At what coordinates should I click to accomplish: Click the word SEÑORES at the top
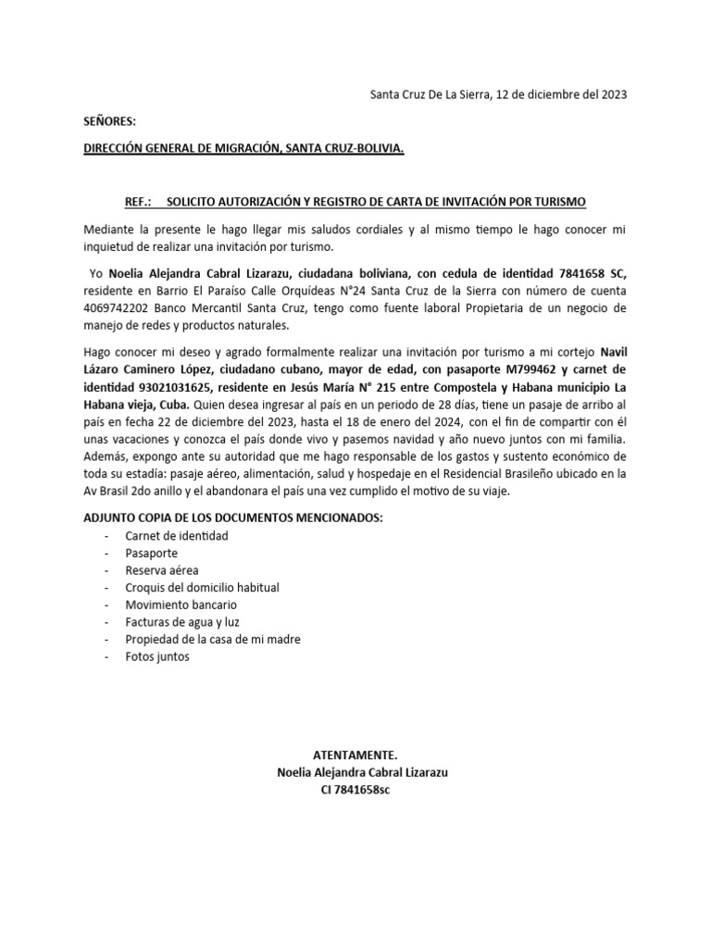tap(109, 121)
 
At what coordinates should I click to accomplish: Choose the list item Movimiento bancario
tap(174, 605)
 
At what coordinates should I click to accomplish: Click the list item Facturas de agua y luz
tap(181, 622)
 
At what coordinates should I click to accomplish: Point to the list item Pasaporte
tap(151, 553)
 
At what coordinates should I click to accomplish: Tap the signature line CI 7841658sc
tap(356, 789)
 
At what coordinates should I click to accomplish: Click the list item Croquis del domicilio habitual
tap(202, 587)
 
